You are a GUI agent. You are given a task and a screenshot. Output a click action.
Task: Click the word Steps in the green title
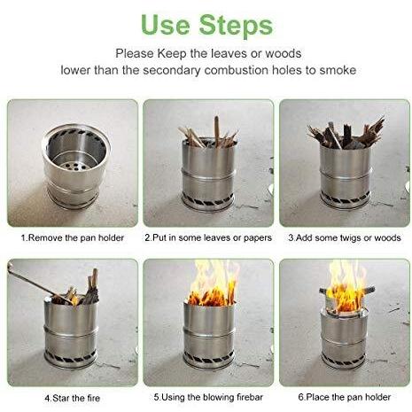(236, 26)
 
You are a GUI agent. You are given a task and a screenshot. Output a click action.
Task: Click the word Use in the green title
(165, 25)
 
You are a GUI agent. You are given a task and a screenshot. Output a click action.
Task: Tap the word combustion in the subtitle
(236, 70)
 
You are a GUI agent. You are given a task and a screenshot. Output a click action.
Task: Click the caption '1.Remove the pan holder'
(73, 237)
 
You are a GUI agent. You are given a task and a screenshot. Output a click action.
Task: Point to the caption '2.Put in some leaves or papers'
(208, 237)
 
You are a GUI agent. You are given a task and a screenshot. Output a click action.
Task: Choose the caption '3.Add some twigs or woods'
(345, 237)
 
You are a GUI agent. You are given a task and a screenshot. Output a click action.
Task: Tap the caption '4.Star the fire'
(73, 398)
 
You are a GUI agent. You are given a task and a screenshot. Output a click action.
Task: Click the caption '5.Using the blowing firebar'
(208, 397)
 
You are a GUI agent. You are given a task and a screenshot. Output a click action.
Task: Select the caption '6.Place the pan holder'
(345, 397)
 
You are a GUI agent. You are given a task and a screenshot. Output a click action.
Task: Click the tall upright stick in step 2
(217, 131)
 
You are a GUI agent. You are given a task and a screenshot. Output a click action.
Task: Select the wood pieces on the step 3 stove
(346, 134)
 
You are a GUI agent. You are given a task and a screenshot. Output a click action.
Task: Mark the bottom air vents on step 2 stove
(208, 202)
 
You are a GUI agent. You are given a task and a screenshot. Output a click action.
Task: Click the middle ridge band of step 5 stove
(209, 332)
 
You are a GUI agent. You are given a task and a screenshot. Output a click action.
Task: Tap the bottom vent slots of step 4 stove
(71, 358)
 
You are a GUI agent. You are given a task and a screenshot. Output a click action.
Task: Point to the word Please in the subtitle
(135, 54)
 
